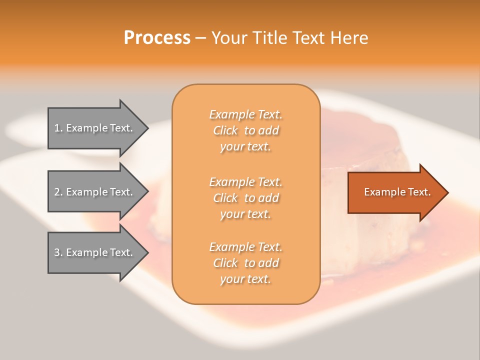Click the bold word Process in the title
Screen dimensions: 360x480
[x=157, y=38]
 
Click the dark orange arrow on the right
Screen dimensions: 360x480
[x=395, y=192]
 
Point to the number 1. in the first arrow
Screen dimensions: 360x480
[x=58, y=128]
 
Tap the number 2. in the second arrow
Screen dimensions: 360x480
[x=58, y=192]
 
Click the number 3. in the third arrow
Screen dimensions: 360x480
[x=58, y=252]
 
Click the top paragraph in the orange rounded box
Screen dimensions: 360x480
[x=245, y=130]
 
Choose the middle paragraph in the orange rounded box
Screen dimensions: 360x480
[x=245, y=198]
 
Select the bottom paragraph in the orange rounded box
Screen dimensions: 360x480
[x=245, y=263]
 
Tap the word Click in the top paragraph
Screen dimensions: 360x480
[x=225, y=130]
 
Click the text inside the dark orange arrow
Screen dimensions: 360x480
[x=397, y=192]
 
